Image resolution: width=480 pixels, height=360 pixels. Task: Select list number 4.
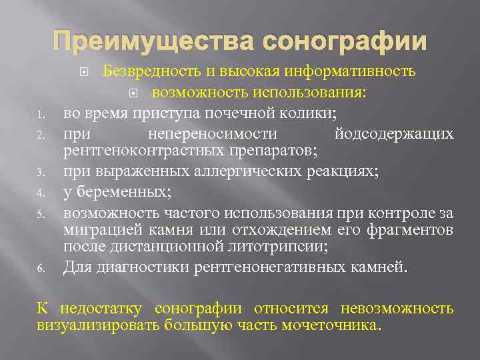click(x=41, y=194)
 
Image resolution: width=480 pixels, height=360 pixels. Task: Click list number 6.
click(x=41, y=269)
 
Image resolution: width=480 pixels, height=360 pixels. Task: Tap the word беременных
click(x=123, y=192)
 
